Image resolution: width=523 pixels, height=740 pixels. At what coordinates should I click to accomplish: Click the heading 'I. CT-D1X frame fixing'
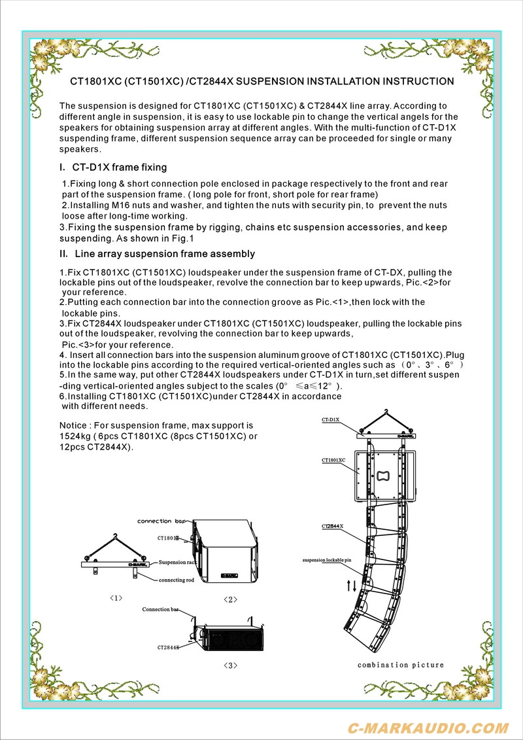coord(113,167)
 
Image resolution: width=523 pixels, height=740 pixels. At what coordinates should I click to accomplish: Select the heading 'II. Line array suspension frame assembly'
coord(157,254)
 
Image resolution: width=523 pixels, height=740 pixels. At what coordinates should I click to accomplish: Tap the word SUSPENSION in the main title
coord(269,82)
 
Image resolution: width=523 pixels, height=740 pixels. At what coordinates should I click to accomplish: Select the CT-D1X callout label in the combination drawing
coord(330,419)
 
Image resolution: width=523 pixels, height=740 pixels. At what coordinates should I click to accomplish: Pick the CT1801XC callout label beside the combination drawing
coord(333,461)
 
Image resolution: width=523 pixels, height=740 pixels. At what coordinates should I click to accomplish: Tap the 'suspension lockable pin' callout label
coord(327,561)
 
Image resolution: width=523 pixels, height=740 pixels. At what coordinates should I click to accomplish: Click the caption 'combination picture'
coord(400,665)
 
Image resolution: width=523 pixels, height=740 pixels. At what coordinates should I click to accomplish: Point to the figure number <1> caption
coord(116,597)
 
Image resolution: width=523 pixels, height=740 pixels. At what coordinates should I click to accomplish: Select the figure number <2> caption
coord(230,599)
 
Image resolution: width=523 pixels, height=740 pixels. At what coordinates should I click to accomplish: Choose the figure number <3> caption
coord(230,665)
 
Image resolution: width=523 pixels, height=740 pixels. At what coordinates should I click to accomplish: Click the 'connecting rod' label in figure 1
coord(176,580)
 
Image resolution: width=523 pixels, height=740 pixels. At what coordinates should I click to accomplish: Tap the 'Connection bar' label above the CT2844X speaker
coord(160,609)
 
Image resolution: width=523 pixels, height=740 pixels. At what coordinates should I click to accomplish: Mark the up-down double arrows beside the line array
coord(352,586)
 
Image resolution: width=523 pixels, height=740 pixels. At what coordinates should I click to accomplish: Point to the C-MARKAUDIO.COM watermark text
coord(428,728)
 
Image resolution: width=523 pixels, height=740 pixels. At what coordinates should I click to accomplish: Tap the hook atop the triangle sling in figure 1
coord(116,536)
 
